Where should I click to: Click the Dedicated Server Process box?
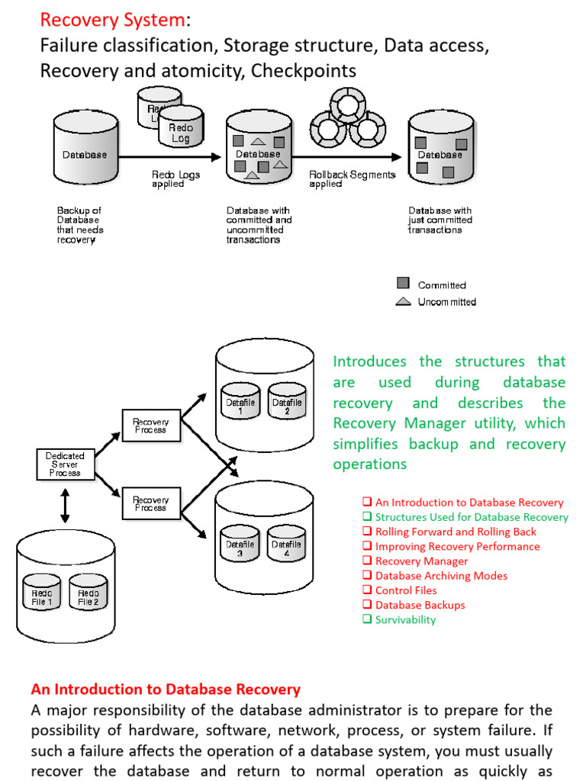[65, 464]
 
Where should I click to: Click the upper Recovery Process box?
[151, 425]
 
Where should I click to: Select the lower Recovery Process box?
[151, 503]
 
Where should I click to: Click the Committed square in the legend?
[404, 284]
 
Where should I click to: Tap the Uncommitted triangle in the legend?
[404, 301]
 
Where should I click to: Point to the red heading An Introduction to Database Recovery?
[166, 689]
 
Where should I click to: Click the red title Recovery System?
[112, 19]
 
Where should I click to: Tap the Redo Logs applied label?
[175, 179]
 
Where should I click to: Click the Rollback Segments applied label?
[352, 179]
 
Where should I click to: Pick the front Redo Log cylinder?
[181, 131]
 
